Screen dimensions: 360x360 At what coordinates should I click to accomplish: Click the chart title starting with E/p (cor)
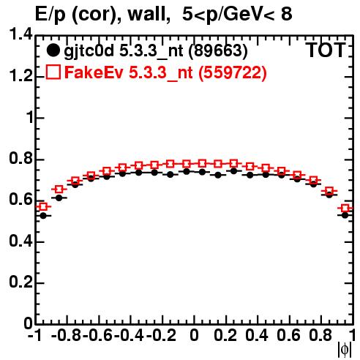[x=164, y=14]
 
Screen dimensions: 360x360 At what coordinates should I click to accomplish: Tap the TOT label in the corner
[x=326, y=50]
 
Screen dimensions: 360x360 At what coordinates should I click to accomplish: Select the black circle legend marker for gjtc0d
[x=53, y=50]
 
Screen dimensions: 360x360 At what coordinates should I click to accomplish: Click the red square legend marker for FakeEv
[x=53, y=72]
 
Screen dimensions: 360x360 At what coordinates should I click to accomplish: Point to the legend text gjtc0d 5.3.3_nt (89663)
[x=156, y=51]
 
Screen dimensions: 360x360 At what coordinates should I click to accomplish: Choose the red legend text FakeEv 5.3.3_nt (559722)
[x=166, y=72]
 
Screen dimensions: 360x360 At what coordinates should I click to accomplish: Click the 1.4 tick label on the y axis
[x=21, y=34]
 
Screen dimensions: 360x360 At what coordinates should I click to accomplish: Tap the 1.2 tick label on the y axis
[x=21, y=76]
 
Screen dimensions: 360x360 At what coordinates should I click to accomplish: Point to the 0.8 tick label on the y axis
[x=21, y=158]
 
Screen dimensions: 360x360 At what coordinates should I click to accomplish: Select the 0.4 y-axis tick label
[x=21, y=241]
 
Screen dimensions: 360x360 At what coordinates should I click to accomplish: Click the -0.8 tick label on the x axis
[x=67, y=335]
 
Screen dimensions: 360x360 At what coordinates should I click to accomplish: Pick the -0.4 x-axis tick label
[x=130, y=335]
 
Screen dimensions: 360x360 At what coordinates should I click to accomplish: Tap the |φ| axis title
[x=345, y=350]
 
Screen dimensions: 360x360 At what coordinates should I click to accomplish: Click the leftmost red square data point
[x=43, y=207]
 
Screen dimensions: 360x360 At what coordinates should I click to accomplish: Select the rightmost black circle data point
[x=345, y=215]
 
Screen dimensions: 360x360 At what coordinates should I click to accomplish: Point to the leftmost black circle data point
[x=43, y=216]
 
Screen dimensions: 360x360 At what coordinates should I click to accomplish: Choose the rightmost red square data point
[x=345, y=209]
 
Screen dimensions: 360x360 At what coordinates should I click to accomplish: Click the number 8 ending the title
[x=287, y=13]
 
